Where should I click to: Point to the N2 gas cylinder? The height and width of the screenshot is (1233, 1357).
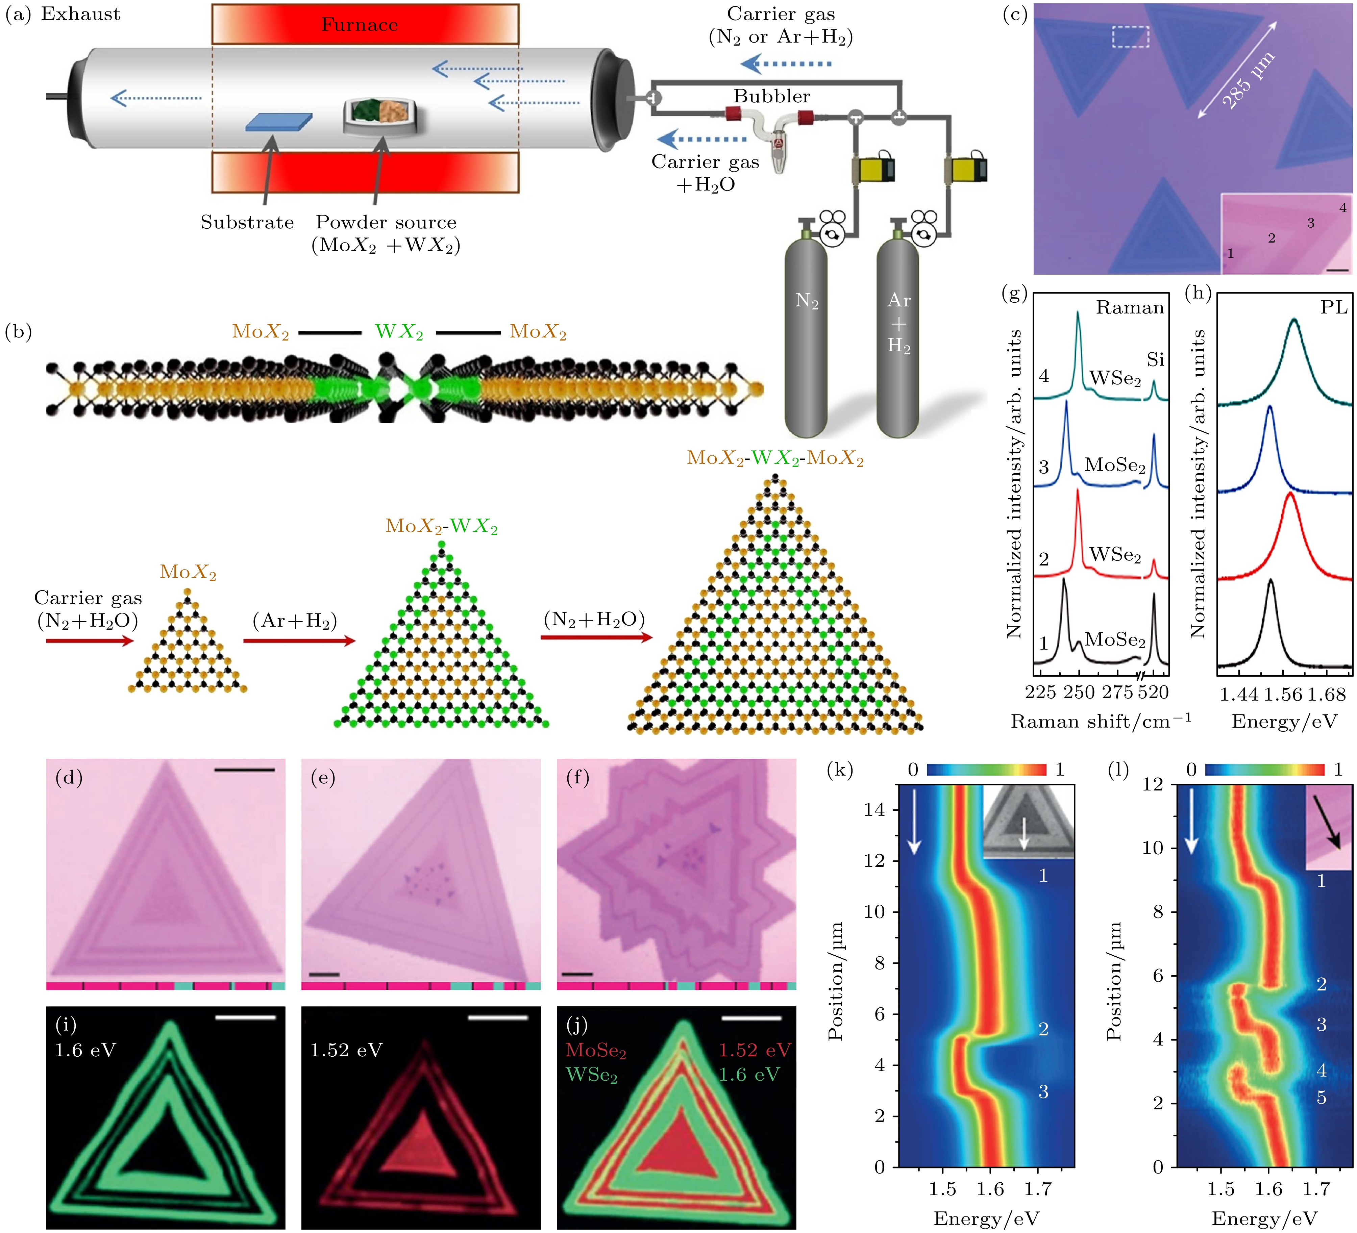coord(806,336)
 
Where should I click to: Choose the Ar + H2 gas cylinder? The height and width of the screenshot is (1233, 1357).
coord(898,336)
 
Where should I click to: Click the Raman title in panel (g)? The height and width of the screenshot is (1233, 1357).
coord(1130,308)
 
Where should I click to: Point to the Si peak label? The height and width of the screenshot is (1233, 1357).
coord(1155,360)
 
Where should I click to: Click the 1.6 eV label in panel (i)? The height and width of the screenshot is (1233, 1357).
coord(85,1050)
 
